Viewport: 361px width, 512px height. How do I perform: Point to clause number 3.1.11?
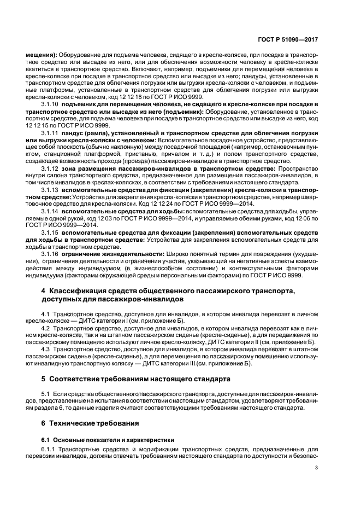[x=51, y=133]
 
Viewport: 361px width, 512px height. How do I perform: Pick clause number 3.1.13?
[x=51, y=190]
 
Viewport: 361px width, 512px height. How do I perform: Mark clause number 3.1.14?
[x=51, y=211]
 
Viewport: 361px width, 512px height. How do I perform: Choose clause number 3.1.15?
[x=51, y=233]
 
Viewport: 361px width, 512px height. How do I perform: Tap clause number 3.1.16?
[x=51, y=254]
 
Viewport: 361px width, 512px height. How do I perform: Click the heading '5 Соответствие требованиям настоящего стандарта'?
[x=132, y=379]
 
